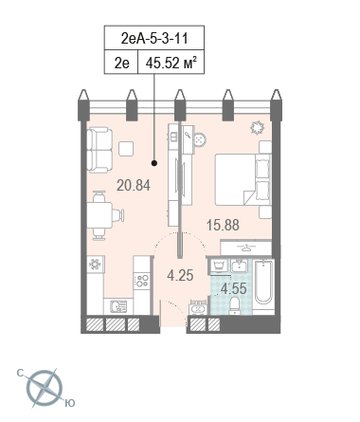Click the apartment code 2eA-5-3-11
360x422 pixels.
pyautogui.click(x=154, y=38)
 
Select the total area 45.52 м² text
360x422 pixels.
pyautogui.click(x=171, y=63)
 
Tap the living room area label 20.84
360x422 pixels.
pyautogui.click(x=134, y=185)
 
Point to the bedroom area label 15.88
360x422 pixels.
pyautogui.click(x=223, y=225)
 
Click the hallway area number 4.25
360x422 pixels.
pyautogui.click(x=180, y=275)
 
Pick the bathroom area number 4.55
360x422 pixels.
pyautogui.click(x=233, y=288)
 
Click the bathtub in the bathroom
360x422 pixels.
pyautogui.click(x=263, y=283)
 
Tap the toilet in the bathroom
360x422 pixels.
pyautogui.click(x=235, y=305)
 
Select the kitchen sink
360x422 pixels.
pyautogui.click(x=118, y=306)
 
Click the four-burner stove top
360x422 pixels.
pyautogui.click(x=141, y=281)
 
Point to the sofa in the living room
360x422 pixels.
pyautogui.click(x=99, y=150)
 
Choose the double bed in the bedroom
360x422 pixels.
pyautogui.click(x=243, y=179)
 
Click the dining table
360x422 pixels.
pyautogui.click(x=99, y=215)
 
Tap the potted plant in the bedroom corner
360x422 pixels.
pyautogui.click(x=257, y=127)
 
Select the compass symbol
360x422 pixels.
pyautogui.click(x=45, y=388)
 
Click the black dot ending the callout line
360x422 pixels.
pyautogui.click(x=154, y=163)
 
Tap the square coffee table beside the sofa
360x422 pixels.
pyautogui.click(x=126, y=149)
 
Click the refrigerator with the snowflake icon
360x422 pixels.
pyautogui.click(x=95, y=265)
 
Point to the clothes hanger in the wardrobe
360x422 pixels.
pyautogui.click(x=246, y=248)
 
